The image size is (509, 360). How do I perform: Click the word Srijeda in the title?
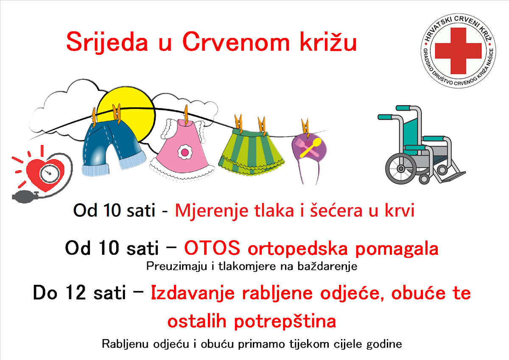107,42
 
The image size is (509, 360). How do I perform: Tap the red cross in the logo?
458,51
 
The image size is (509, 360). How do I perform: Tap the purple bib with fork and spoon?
310,148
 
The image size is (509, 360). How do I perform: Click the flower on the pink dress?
185,152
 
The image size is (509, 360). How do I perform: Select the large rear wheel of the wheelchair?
401,169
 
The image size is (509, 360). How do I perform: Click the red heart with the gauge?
45,174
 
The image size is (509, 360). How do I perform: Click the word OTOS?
212,248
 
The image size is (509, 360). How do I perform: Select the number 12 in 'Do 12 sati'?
76,292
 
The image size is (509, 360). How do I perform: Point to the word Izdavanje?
193,293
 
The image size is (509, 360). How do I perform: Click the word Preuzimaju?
176,266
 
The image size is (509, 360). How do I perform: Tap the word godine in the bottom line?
384,344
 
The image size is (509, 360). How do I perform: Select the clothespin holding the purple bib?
305,128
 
